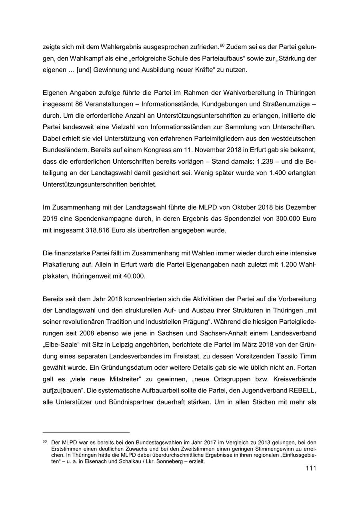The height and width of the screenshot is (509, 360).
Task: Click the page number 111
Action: pos(310,468)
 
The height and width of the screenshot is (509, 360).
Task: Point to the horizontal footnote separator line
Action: pos(86,432)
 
